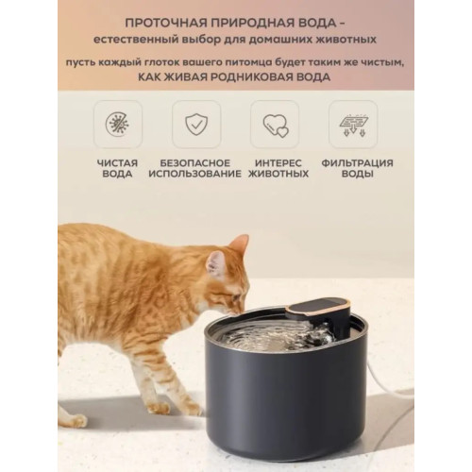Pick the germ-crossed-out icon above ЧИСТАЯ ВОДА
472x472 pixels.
[117, 124]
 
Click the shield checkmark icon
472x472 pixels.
[196, 125]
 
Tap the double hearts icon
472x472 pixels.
[276, 126]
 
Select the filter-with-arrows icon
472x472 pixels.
[353, 124]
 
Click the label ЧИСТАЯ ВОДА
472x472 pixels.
[117, 169]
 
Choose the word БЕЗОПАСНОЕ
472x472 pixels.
[195, 163]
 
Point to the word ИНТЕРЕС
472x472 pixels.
[278, 163]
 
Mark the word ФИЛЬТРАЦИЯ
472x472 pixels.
[357, 163]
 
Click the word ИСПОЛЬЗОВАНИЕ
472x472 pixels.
[195, 174]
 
